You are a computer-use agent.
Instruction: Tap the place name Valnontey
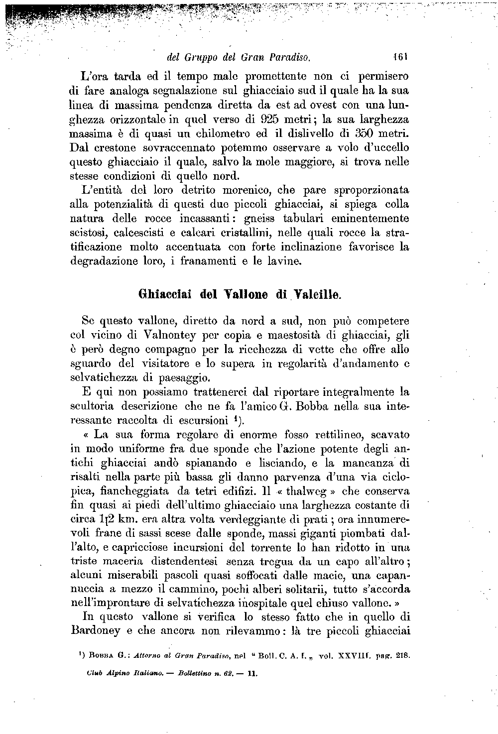[133, 335]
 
